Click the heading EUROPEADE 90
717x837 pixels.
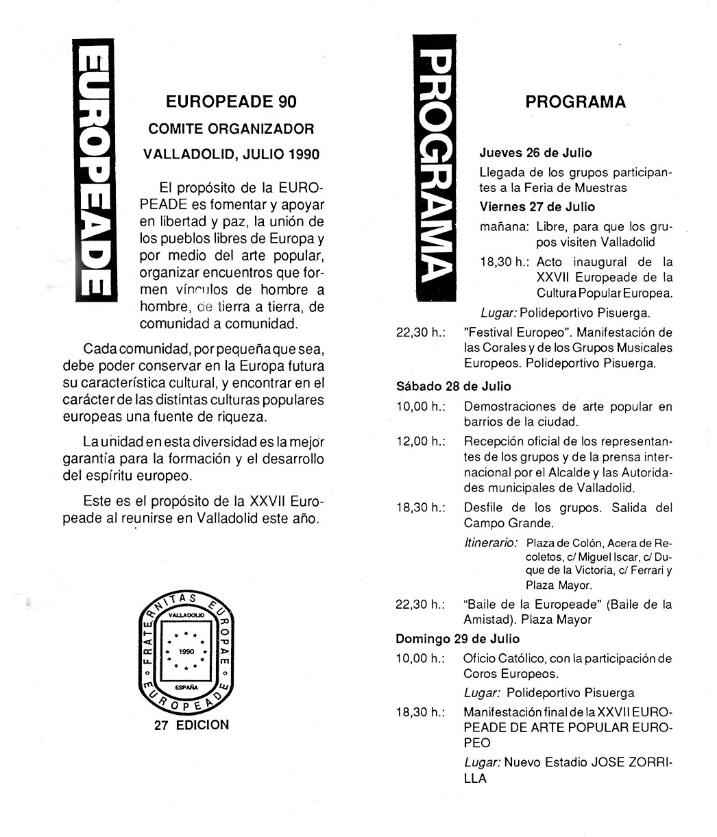pyautogui.click(x=232, y=101)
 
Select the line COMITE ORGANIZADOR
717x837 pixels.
pyautogui.click(x=232, y=128)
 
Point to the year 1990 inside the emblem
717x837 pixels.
pyautogui.click(x=186, y=651)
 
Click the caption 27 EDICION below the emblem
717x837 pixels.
pyautogui.click(x=192, y=725)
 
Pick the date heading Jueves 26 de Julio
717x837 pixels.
pyautogui.click(x=535, y=153)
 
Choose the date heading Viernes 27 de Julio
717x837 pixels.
pyautogui.click(x=537, y=207)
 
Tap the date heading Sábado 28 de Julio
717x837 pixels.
pyautogui.click(x=453, y=387)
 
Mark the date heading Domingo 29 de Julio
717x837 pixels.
pyautogui.click(x=457, y=639)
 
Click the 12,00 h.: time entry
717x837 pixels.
pyautogui.click(x=420, y=441)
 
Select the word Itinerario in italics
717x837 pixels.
pyautogui.click(x=490, y=542)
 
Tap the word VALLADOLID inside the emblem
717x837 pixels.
pyautogui.click(x=186, y=616)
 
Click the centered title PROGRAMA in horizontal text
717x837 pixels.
pyautogui.click(x=575, y=102)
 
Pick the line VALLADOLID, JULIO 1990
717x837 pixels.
pyautogui.click(x=232, y=154)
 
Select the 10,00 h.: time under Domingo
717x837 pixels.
pyautogui.click(x=420, y=659)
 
